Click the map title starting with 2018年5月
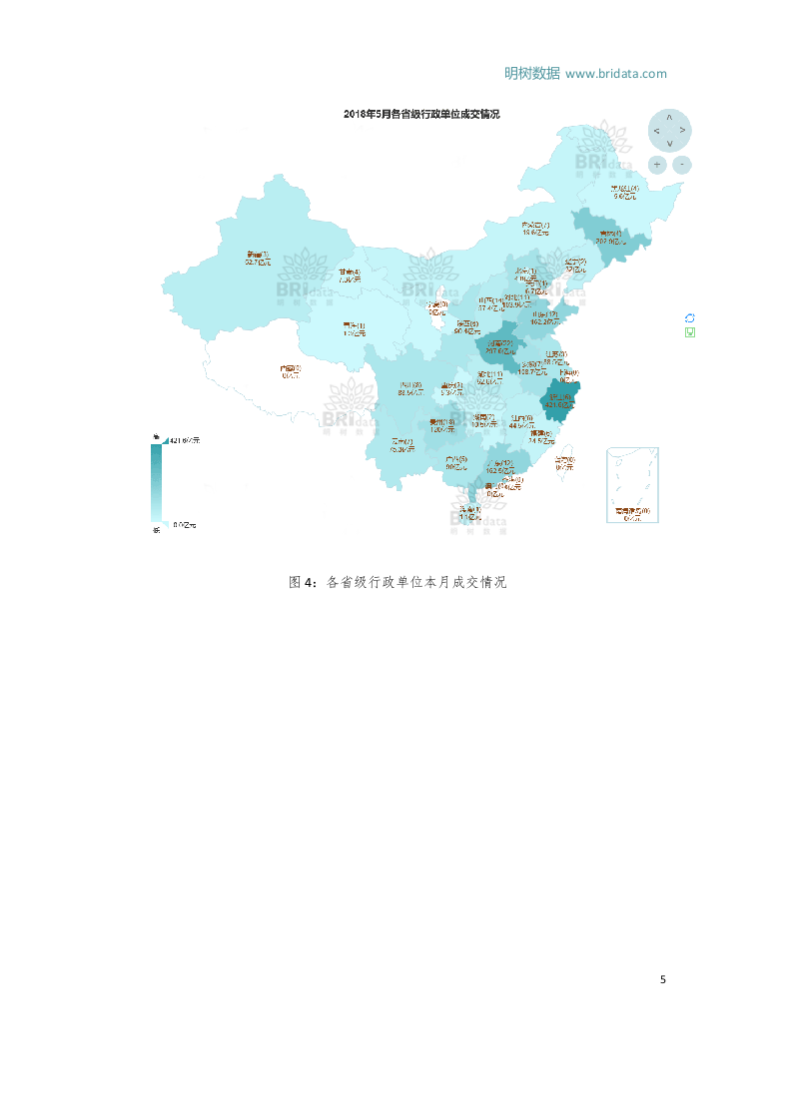(420, 114)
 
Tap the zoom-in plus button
(657, 164)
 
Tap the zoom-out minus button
(682, 164)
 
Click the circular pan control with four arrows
(669, 130)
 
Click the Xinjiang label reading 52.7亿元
(259, 259)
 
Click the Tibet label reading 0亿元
(290, 371)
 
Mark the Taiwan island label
(564, 463)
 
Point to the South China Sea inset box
(633, 485)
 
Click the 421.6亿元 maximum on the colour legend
(184, 440)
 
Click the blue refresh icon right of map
(689, 317)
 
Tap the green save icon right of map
(689, 331)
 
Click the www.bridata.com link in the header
(615, 73)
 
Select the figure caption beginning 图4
(396, 582)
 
